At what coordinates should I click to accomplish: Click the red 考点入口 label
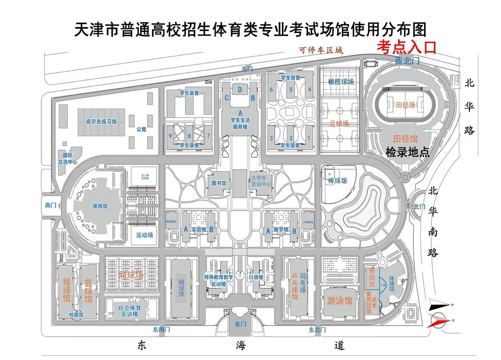pyautogui.click(x=406, y=47)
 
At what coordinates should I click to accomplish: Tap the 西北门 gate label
pyautogui.click(x=407, y=61)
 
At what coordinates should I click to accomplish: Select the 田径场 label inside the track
pyautogui.click(x=405, y=105)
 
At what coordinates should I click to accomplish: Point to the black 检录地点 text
pyautogui.click(x=407, y=152)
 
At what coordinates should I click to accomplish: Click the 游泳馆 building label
pyautogui.click(x=340, y=300)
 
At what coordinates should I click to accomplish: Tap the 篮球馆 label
pyautogui.click(x=88, y=290)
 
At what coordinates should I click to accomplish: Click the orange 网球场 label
pyautogui.click(x=131, y=275)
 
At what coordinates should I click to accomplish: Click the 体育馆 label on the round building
pyautogui.click(x=99, y=206)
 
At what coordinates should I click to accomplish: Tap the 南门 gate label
pyautogui.click(x=51, y=205)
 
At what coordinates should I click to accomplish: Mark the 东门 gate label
pyautogui.click(x=240, y=324)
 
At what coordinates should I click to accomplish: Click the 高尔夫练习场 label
pyautogui.click(x=101, y=122)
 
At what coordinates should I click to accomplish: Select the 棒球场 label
pyautogui.click(x=337, y=180)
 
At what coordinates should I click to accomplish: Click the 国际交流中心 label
pyautogui.click(x=67, y=159)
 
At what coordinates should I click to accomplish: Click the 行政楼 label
pyautogui.click(x=256, y=277)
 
